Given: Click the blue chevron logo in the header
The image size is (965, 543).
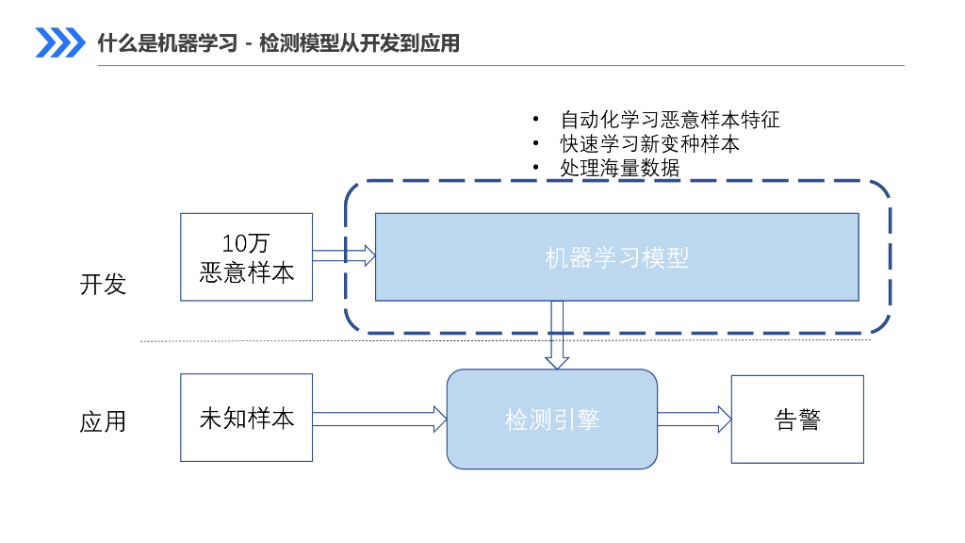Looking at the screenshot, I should click(59, 42).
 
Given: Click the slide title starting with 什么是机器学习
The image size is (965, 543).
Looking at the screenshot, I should click(278, 43).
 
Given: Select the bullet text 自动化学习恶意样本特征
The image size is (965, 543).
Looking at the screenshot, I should click(669, 120).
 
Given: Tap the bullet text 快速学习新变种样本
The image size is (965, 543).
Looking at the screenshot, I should click(649, 143).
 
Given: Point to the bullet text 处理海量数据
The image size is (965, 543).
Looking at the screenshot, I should click(619, 167).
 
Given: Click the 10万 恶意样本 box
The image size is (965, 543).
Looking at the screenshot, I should click(246, 257).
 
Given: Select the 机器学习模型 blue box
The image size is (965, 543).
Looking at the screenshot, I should click(616, 257).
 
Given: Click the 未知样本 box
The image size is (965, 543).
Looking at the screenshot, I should click(246, 418).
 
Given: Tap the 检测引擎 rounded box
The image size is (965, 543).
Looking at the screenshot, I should click(551, 420).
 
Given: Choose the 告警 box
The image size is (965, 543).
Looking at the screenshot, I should click(797, 420).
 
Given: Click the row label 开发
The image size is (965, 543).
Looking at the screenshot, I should click(103, 285).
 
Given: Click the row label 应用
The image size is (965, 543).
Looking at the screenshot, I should click(103, 421).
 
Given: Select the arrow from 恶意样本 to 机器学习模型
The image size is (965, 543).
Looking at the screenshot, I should click(344, 255).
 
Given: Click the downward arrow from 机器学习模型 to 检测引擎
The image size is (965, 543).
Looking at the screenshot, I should click(557, 335).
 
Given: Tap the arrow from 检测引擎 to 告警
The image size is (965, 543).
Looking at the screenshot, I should click(695, 419).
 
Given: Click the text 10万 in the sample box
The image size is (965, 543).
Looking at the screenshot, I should click(246, 243).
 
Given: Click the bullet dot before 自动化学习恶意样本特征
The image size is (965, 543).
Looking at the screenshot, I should click(536, 120).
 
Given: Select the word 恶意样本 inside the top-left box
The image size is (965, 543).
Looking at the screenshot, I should click(246, 272).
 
